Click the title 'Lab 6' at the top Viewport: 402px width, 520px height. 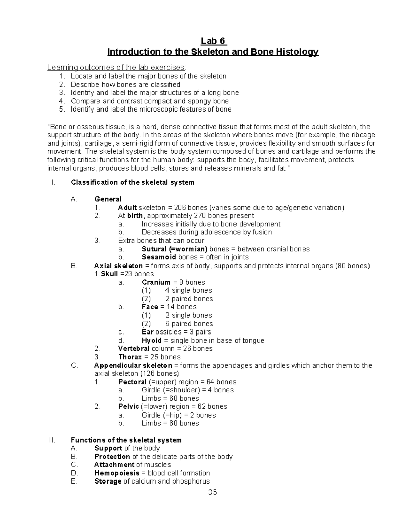tap(213, 41)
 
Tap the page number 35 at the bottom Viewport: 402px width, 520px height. tap(212, 492)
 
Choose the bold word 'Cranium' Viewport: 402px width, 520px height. tap(156, 282)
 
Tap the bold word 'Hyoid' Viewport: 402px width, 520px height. tap(152, 340)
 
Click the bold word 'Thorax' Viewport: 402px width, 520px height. tap(130, 357)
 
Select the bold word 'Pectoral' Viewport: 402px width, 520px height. tap(132, 382)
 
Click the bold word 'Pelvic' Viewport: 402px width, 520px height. tap(128, 406)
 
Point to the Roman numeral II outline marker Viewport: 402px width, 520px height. tap(52, 440)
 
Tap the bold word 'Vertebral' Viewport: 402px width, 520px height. tap(134, 349)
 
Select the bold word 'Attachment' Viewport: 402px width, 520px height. tap(114, 465)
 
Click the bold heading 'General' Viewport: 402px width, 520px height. tap(108, 199)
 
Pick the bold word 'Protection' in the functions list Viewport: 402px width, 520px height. tap(112, 457)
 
